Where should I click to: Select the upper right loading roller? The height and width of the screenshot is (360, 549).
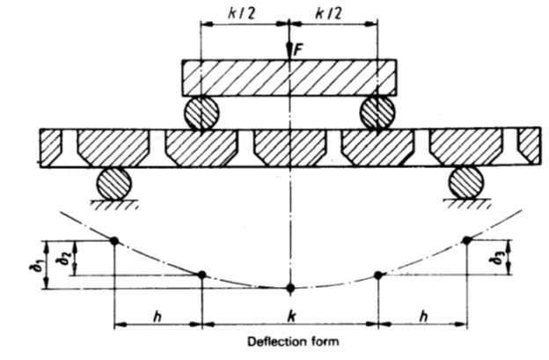(x=377, y=113)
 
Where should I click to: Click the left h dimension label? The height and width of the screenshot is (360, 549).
(x=157, y=314)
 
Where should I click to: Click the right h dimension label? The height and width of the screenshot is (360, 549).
(x=421, y=314)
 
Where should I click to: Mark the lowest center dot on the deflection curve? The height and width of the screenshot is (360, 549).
(x=290, y=288)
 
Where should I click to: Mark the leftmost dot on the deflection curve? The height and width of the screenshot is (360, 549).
(x=114, y=239)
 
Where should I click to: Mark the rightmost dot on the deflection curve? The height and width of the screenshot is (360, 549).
(x=466, y=239)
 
